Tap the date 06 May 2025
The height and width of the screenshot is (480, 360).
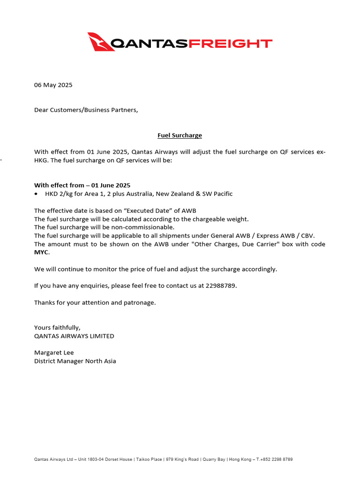tap(53, 85)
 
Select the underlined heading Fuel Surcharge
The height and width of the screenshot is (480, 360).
tap(180, 135)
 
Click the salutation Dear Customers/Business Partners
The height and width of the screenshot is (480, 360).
tap(86, 110)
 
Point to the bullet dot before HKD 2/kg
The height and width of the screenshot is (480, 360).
tap(37, 194)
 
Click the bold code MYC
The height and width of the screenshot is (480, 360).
tap(41, 252)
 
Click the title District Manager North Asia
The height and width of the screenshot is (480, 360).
tap(75, 361)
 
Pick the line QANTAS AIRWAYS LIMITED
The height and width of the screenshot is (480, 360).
tap(74, 336)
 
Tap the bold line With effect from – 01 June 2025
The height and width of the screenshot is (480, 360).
tap(82, 185)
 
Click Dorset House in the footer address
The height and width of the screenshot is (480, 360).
tap(120, 459)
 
